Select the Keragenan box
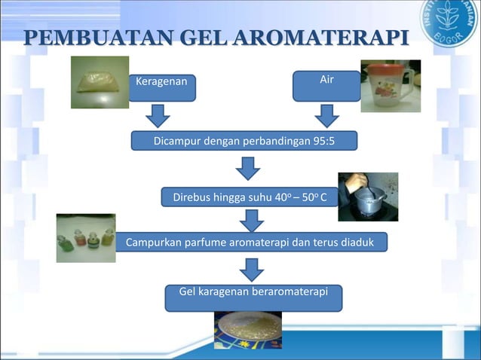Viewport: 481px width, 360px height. pos(162,86)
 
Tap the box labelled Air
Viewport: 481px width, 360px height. pos(326,84)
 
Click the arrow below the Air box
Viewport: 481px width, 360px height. pos(326,115)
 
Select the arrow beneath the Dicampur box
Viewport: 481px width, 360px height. pos(247,168)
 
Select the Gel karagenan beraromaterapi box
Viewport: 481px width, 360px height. pos(253,297)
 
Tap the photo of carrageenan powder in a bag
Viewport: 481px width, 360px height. pos(100,82)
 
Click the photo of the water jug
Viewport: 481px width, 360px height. pos(390,86)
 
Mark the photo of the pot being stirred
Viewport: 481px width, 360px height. pos(367,197)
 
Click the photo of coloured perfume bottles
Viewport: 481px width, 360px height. pos(86,238)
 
